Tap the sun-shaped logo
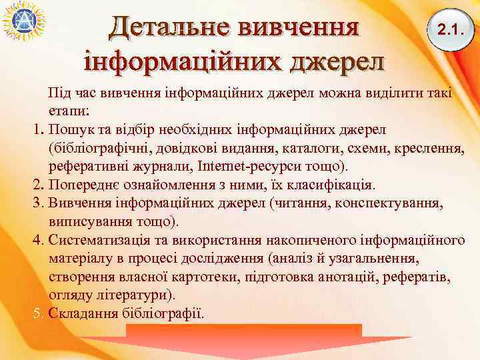tap(23, 23)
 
